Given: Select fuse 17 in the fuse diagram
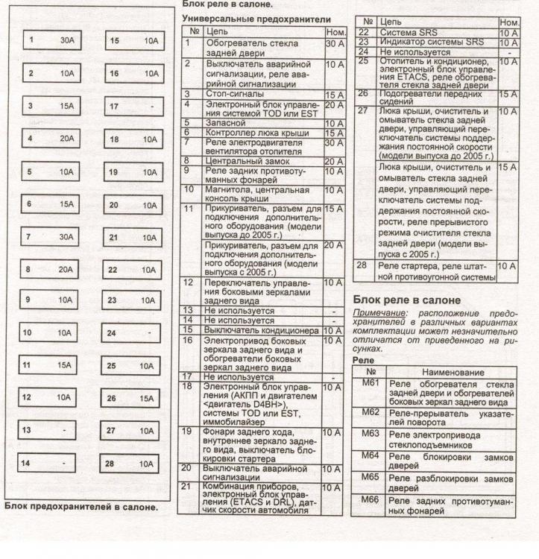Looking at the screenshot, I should click(x=132, y=107).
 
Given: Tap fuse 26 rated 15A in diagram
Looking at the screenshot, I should click(x=132, y=398).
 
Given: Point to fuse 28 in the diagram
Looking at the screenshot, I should click(x=132, y=463).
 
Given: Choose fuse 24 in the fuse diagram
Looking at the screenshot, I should click(x=132, y=333).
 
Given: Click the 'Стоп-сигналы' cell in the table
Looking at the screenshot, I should click(x=234, y=95).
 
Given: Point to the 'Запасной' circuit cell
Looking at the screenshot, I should click(x=224, y=123).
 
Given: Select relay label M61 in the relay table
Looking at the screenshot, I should click(x=371, y=383).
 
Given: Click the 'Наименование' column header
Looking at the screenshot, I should click(x=453, y=371).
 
